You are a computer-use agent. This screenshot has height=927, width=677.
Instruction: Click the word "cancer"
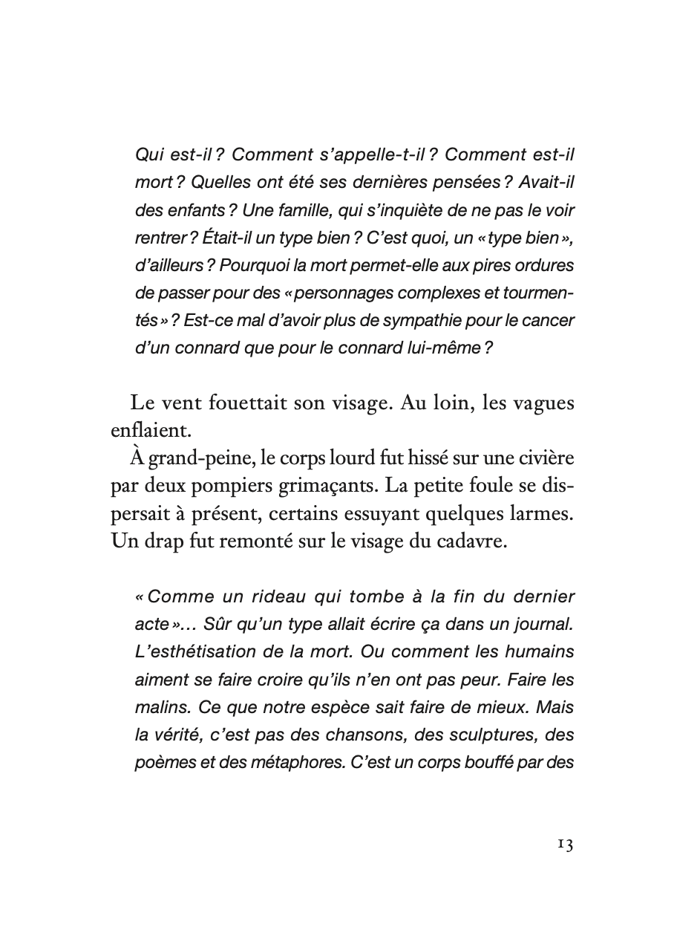pos(550,320)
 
